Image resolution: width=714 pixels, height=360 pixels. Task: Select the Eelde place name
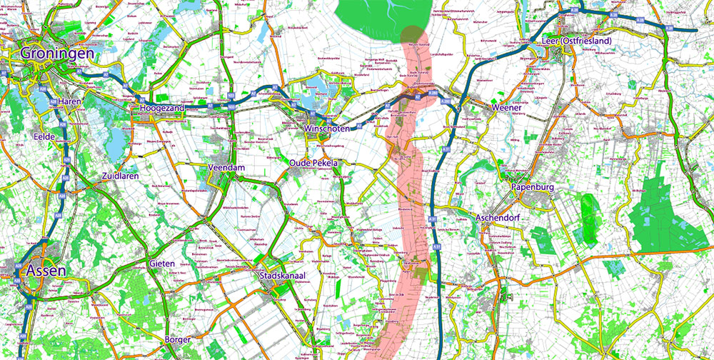point(45,136)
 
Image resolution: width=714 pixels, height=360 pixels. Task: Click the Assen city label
point(46,270)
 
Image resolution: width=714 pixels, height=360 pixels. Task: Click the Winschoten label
point(329,128)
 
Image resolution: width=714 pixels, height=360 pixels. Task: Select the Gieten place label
point(163,264)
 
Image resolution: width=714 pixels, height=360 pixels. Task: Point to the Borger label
point(177,339)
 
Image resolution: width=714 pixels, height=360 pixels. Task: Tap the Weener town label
point(511,108)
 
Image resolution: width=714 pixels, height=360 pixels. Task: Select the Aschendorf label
point(500,216)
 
